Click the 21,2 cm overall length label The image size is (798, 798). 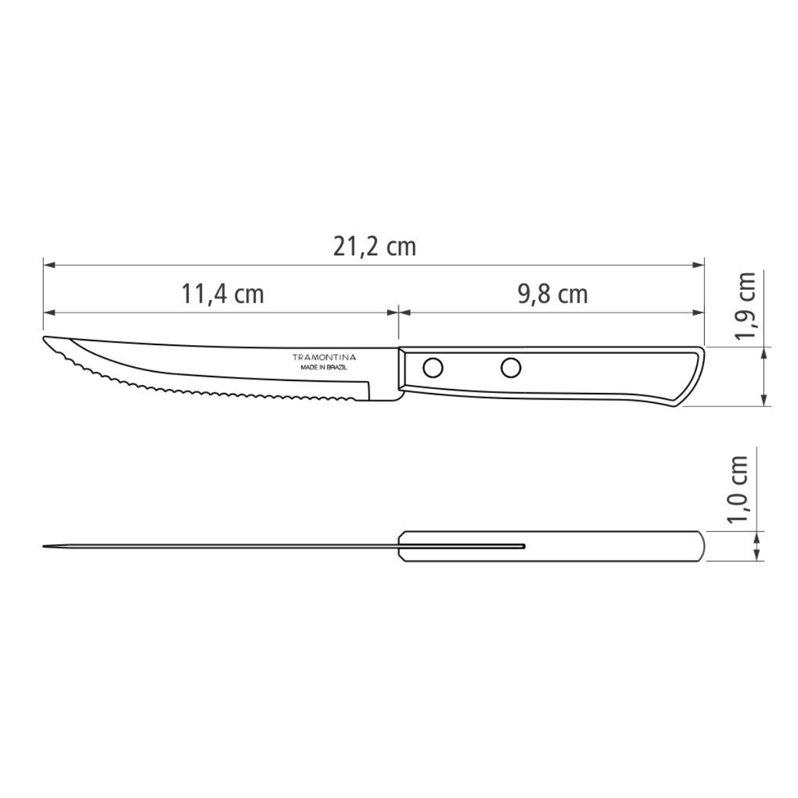[x=374, y=247]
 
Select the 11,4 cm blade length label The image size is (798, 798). [x=223, y=293]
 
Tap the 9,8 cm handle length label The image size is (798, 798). [x=553, y=293]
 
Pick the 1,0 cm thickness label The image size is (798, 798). [x=738, y=490]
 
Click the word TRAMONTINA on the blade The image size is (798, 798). [x=325, y=358]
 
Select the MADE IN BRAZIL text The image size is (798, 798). [x=325, y=367]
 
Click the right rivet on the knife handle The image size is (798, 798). [x=511, y=366]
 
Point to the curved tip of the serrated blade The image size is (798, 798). [x=48, y=340]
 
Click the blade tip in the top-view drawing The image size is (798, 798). [x=45, y=547]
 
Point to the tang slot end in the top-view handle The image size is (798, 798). [x=523, y=547]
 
